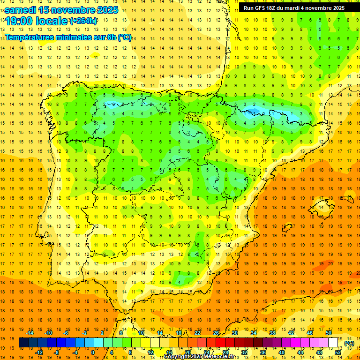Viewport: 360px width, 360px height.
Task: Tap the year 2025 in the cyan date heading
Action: click(x=105, y=10)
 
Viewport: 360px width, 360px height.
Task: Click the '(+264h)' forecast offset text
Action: click(x=83, y=21)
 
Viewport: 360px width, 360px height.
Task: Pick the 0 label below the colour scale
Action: click(x=92, y=352)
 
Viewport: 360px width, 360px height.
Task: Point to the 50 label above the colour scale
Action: click(x=328, y=333)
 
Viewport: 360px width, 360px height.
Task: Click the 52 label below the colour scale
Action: click(x=338, y=352)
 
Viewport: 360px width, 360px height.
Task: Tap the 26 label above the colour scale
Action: click(x=216, y=333)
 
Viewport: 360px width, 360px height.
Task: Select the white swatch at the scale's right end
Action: click(x=333, y=343)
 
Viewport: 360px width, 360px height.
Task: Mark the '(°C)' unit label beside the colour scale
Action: click(x=349, y=343)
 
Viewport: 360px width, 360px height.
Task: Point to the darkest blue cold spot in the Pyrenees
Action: click(x=254, y=111)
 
